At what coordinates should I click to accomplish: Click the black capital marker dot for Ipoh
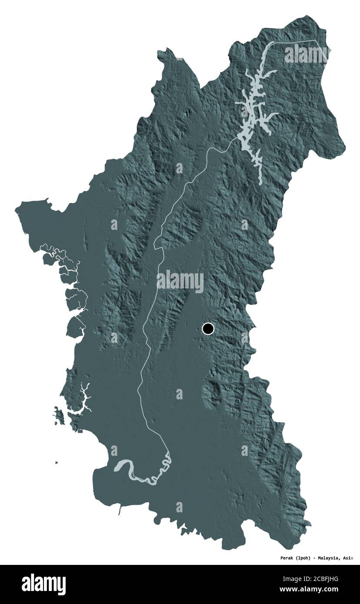click(208, 329)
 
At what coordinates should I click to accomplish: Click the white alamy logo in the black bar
click(43, 584)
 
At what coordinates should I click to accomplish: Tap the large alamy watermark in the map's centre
click(180, 281)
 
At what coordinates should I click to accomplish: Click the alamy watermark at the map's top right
click(306, 53)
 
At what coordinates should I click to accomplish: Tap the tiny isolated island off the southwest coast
click(56, 462)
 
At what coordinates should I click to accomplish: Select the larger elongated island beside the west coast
click(60, 416)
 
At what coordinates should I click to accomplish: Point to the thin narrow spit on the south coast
click(119, 509)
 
